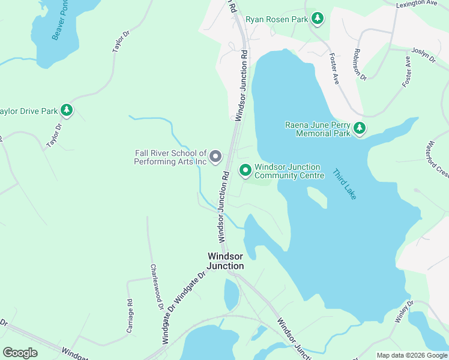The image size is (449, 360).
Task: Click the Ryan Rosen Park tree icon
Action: point(318,19)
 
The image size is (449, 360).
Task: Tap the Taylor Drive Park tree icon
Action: point(67,110)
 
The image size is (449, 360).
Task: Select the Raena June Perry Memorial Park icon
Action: point(360,128)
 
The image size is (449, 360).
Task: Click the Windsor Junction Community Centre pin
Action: point(245,171)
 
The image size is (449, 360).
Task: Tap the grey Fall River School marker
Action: point(216,158)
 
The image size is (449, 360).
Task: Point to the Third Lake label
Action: point(345,184)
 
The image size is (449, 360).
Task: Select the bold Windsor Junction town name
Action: point(225,260)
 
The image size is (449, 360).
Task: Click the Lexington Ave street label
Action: point(417,4)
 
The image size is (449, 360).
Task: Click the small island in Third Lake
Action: point(317,197)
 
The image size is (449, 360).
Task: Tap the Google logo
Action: point(20,352)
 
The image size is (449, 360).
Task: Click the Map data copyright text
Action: point(412,355)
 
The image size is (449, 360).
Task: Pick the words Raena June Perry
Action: point(317,125)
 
